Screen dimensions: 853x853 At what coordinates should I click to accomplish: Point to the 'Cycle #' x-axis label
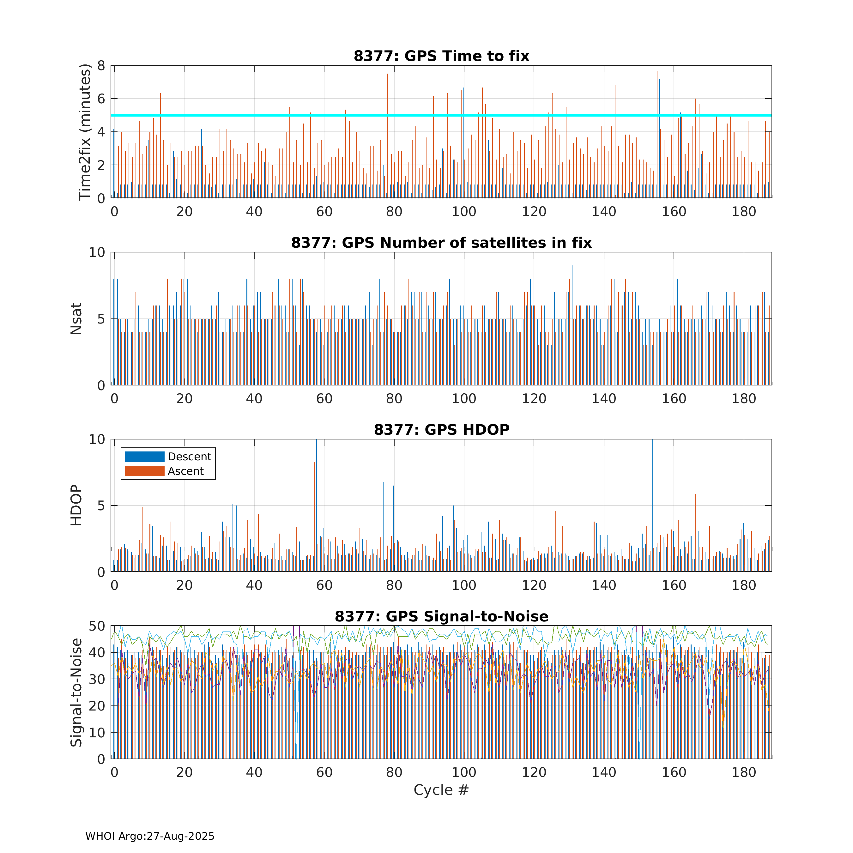(x=441, y=790)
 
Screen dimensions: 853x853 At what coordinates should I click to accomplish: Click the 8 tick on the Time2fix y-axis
(x=101, y=66)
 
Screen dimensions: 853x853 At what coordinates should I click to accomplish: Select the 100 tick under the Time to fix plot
(x=464, y=212)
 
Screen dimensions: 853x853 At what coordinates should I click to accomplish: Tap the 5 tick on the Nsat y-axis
(x=101, y=319)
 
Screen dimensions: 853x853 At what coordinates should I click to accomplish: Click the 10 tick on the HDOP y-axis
(x=97, y=439)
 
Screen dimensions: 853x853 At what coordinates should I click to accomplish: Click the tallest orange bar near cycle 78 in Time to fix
(x=388, y=132)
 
